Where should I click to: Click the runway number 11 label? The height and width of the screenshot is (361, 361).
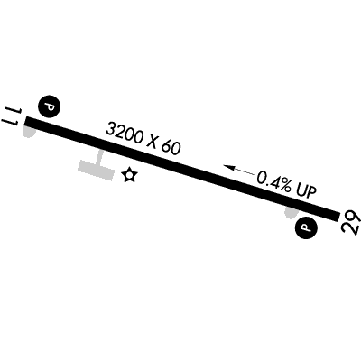(x=12, y=116)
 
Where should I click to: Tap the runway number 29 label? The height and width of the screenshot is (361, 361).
(x=351, y=222)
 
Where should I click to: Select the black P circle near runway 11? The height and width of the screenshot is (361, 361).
(x=50, y=106)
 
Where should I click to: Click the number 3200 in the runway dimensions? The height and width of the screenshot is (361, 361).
(x=125, y=134)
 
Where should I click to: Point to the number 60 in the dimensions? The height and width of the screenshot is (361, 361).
(x=171, y=147)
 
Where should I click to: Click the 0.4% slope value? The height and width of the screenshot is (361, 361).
(x=274, y=181)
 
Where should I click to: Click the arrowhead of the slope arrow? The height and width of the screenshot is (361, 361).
(x=228, y=168)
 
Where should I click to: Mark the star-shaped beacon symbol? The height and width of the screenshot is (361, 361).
(x=130, y=175)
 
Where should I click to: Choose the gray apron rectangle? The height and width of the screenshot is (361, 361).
(x=96, y=170)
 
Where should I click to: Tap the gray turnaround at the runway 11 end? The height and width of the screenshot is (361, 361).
(x=30, y=132)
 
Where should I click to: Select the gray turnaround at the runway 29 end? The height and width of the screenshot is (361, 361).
(x=292, y=213)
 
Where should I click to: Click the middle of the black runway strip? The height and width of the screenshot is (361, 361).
(x=182, y=169)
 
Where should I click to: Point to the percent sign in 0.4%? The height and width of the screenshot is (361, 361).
(x=284, y=186)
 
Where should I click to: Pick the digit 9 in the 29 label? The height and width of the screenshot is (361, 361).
(x=354, y=217)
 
